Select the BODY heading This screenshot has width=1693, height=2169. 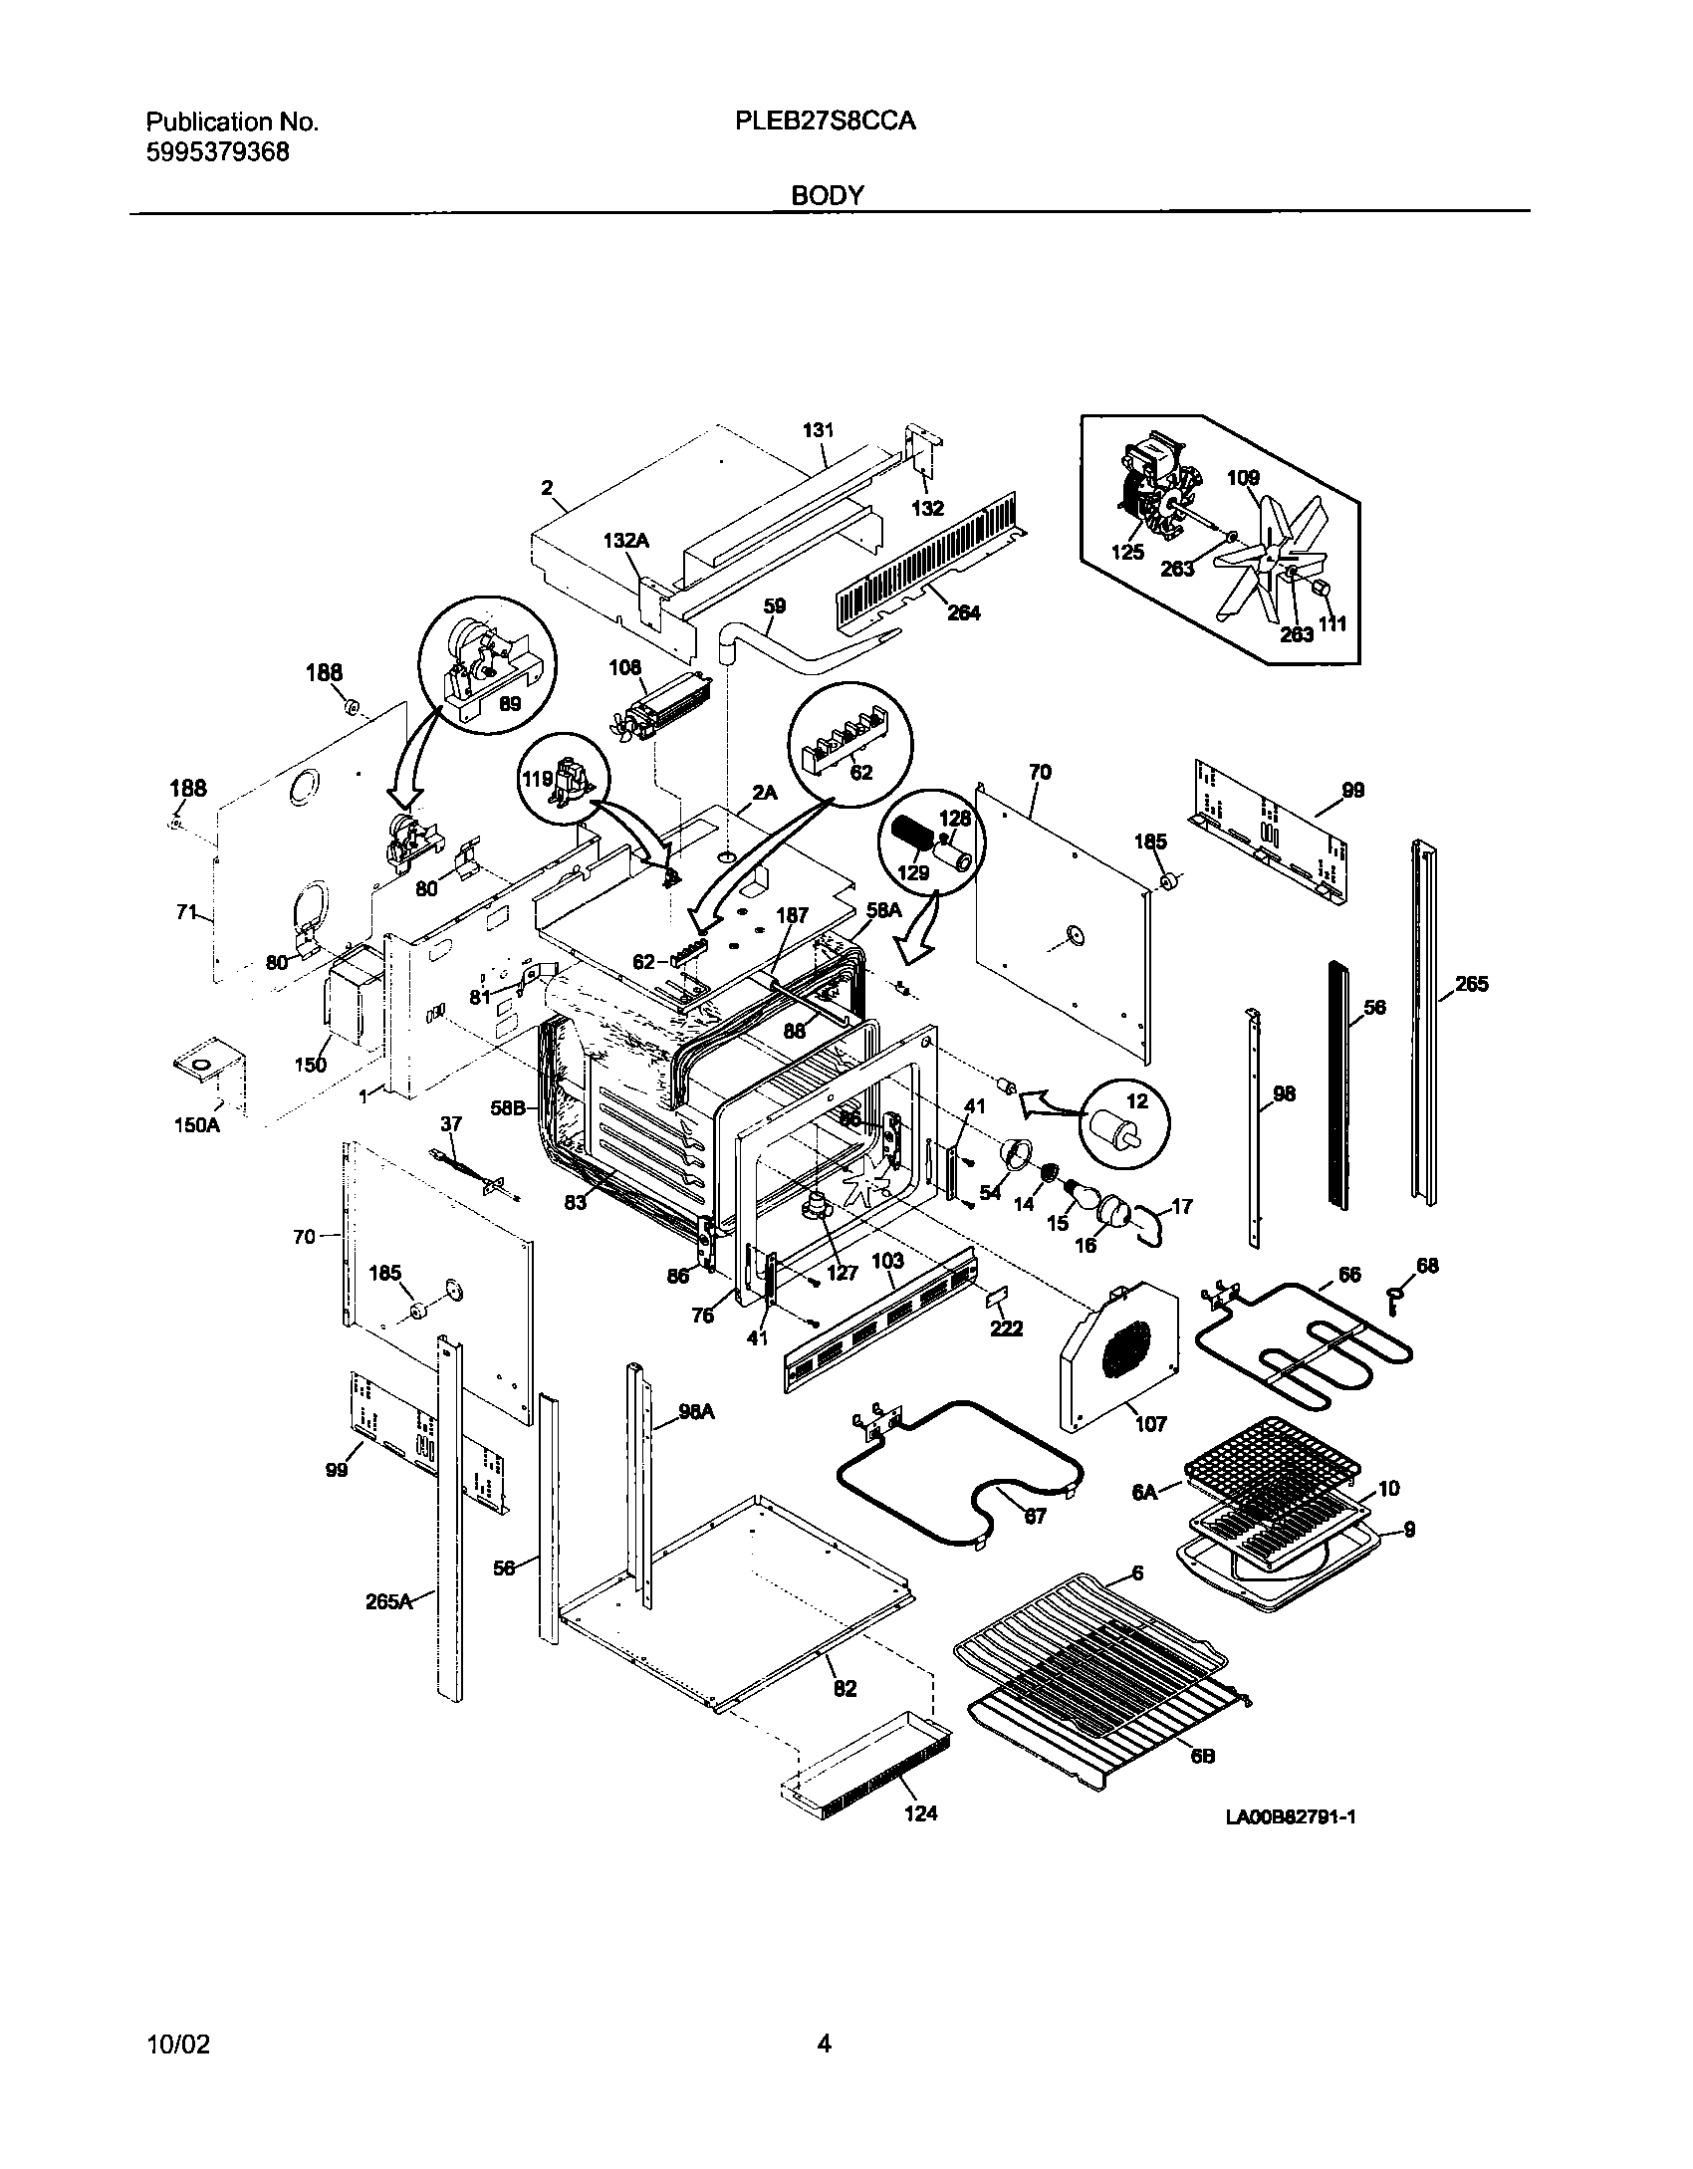click(827, 196)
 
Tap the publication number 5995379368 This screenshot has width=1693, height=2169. click(218, 152)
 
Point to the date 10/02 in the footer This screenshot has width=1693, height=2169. click(178, 2045)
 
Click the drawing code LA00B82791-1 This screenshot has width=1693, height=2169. click(1291, 1816)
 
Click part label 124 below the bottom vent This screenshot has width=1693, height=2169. click(920, 1812)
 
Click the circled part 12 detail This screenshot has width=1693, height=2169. click(1125, 1123)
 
